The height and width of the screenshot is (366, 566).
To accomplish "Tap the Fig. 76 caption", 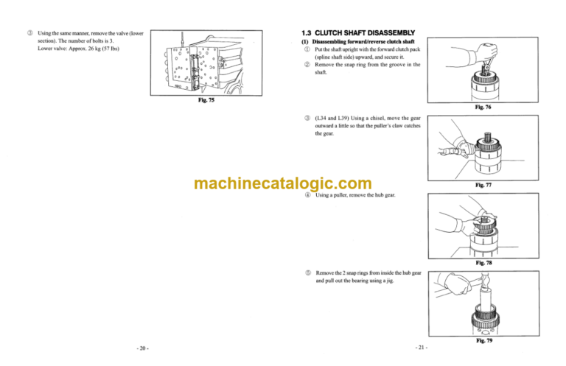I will tap(486, 106).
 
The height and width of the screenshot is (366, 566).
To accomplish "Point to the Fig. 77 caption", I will tap(486, 186).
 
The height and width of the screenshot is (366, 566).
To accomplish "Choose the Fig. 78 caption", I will tap(486, 262).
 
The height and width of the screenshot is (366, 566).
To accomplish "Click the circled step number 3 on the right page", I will tap(306, 118).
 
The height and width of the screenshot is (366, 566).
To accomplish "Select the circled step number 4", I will tap(306, 195).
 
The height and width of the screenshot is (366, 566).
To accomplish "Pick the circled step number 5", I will tap(306, 272).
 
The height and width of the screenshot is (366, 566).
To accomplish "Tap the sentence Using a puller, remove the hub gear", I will tap(359, 195).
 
